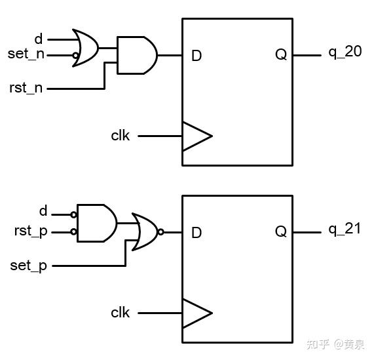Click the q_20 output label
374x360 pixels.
345,52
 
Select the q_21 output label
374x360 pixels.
345,230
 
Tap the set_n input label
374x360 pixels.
26,54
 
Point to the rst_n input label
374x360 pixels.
26,88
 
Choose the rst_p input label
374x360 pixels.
31,231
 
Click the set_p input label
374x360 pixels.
28,266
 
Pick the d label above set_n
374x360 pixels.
39,39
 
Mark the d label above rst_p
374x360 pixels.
43,211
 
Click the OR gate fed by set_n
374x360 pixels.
86,47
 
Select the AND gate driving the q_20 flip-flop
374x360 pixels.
136,55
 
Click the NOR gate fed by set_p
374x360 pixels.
145,231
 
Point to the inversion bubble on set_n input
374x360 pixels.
75,55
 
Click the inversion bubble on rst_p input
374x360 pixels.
74,232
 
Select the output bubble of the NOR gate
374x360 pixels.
161,231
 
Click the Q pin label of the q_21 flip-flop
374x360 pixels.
280,232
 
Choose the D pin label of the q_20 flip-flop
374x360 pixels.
196,56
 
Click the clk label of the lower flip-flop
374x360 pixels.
121,313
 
